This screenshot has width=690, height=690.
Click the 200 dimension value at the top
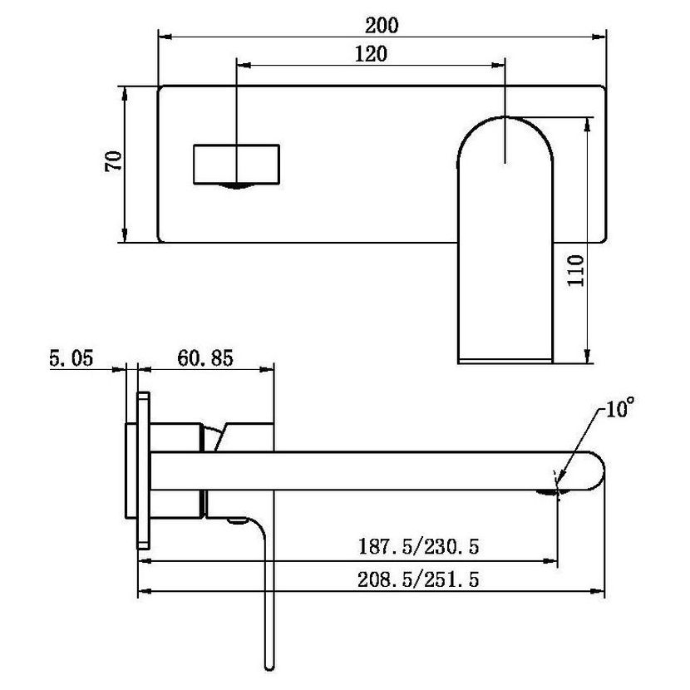382,25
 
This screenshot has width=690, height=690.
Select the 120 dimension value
371,54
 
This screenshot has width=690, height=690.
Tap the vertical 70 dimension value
113,161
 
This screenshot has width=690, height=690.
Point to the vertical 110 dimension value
575,270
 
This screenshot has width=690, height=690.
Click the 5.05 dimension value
71,357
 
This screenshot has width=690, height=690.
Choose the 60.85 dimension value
205,357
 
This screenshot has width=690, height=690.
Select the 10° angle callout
620,408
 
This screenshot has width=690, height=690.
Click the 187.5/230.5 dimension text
418,546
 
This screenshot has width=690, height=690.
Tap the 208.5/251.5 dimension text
418,579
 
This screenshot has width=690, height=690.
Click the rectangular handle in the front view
236,164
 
